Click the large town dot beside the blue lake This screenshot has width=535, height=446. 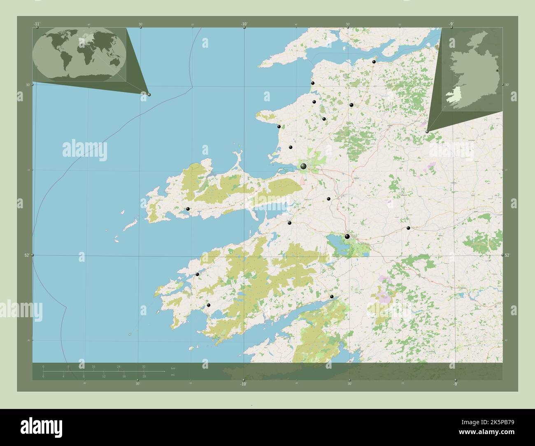[x=347, y=236]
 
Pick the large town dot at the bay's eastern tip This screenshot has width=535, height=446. [x=303, y=166]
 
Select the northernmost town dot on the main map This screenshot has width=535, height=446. [x=374, y=62]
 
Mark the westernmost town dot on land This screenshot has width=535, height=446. [x=188, y=209]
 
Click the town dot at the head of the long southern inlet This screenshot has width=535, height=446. [x=332, y=296]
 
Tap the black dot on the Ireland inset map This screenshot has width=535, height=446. [x=497, y=71]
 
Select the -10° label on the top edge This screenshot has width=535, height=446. [x=244, y=24]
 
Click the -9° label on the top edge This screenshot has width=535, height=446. [x=451, y=24]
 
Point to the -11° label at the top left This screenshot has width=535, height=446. [x=37, y=24]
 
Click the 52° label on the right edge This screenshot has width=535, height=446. [x=507, y=255]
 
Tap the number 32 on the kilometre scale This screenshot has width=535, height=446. [x=143, y=366]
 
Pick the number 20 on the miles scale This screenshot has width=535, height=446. [x=144, y=376]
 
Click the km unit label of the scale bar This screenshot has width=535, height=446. [x=172, y=368]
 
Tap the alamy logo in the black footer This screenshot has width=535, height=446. [x=41, y=426]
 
